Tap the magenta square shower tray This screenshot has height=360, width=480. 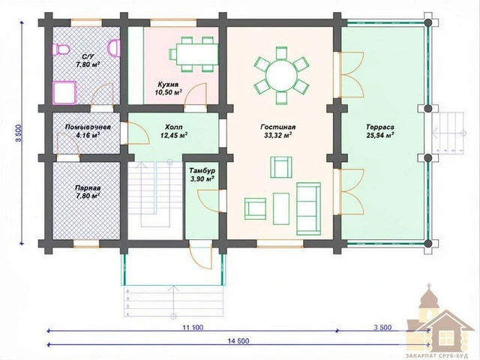[65, 92]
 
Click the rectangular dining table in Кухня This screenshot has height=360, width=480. [197, 54]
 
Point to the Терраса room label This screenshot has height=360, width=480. [380, 127]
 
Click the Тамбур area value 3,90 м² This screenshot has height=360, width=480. [202, 179]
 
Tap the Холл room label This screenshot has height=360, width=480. [173, 127]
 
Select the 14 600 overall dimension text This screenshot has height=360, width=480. [238, 341]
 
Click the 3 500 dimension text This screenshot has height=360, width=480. [382, 328]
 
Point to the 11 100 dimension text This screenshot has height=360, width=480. [193, 328]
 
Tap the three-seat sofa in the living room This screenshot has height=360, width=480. [308, 208]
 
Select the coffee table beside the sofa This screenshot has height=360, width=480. [281, 208]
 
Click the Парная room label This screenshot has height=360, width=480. [88, 188]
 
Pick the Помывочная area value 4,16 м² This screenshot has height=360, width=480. [88, 135]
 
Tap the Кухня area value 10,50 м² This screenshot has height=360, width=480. [169, 92]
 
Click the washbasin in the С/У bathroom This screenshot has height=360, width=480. [114, 48]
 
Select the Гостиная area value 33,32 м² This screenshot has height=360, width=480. [277, 135]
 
